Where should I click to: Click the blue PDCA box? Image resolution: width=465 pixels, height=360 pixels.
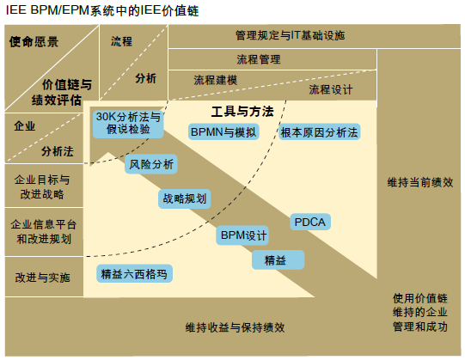coord(310,222)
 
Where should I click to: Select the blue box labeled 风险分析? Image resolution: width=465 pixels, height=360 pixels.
coord(151,164)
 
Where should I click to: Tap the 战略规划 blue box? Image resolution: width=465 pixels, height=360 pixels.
coord(185,198)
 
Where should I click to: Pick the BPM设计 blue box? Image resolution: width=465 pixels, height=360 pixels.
coord(242,235)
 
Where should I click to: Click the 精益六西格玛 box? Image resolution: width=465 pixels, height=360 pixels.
coord(134,274)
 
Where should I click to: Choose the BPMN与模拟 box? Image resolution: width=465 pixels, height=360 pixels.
coord(223,131)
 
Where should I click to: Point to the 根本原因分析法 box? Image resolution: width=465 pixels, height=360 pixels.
coord(320,132)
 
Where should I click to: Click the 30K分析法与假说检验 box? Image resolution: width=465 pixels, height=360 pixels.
coord(128,124)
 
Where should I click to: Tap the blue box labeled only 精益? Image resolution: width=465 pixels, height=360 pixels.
coord(278,260)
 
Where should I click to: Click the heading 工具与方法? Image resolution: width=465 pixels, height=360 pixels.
coord(242,112)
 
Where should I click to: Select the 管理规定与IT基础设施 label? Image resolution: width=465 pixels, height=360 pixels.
coord(290,35)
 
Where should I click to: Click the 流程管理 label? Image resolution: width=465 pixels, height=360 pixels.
coord(259,59)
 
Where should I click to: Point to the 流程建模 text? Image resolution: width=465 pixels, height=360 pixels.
coord(215,80)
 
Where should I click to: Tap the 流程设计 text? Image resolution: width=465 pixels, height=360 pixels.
coord(331,89)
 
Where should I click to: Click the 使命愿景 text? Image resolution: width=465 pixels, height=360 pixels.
coord(34,42)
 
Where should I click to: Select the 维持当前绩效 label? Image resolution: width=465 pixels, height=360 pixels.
coord(420,182)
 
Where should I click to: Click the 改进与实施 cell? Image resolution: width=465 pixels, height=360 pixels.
coord(44,277)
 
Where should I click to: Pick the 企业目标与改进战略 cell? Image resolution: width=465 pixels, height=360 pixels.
coord(44,186)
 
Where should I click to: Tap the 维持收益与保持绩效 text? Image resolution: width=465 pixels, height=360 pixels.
coord(235,327)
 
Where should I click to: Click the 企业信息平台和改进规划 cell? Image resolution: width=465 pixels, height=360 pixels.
coord(44,232)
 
